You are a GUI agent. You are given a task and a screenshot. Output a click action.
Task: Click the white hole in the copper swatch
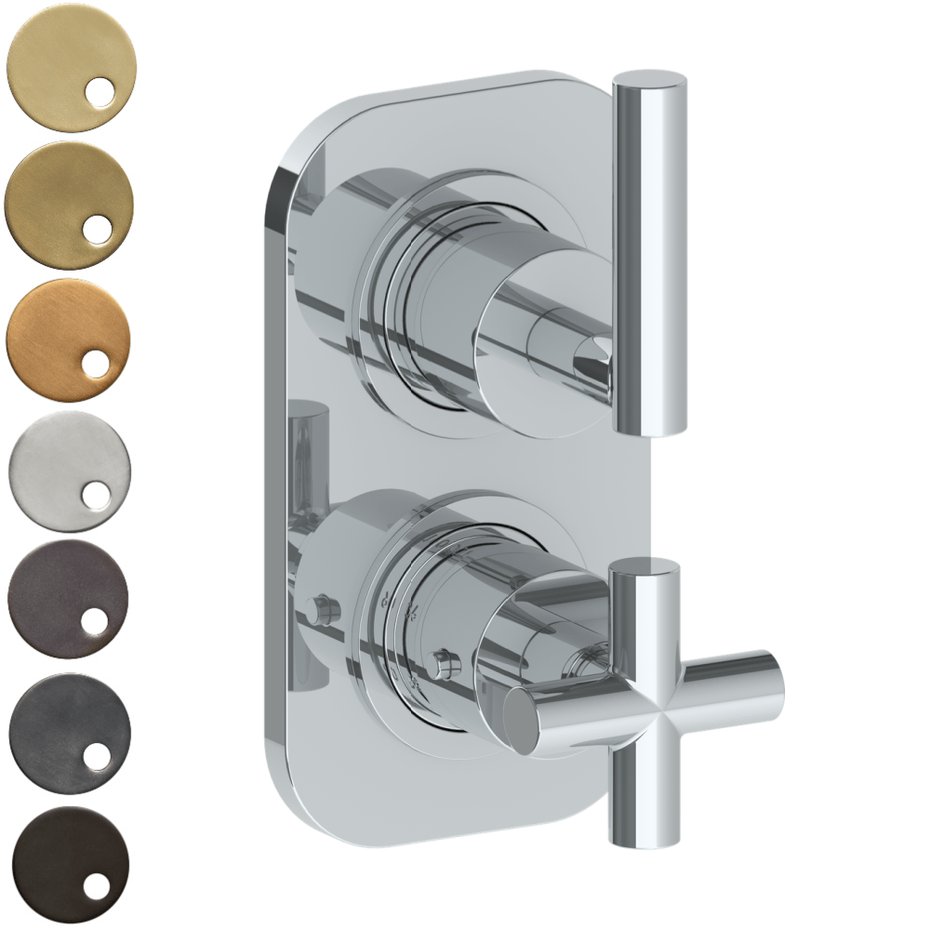(97, 364)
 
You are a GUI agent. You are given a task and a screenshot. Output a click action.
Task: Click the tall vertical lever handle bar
(648, 260)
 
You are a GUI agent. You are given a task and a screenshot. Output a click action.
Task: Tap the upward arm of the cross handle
(643, 595)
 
